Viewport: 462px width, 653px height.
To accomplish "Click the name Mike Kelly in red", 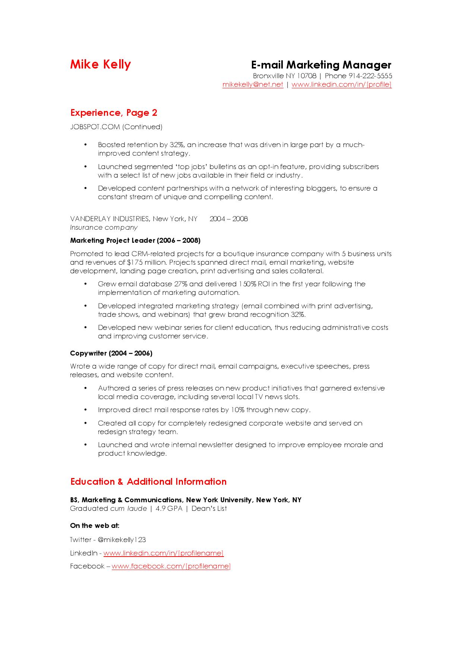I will (101, 64).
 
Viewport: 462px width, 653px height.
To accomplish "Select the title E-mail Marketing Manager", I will (321, 65).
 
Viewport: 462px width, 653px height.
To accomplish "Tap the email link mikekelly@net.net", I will (253, 85).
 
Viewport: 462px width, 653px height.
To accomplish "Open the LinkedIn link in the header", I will (341, 85).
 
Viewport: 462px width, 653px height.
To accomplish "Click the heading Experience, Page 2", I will (114, 113).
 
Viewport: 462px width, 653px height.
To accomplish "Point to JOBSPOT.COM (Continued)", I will (116, 127).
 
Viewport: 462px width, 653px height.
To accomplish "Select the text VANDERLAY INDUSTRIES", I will (110, 219).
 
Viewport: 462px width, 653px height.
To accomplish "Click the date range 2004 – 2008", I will (228, 219).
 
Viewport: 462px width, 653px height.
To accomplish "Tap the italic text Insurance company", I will (104, 227).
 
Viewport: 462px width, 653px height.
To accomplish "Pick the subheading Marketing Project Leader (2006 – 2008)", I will (135, 241).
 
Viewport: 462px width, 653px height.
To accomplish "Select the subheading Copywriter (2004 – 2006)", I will (111, 353).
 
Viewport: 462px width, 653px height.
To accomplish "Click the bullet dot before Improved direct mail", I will (86, 410).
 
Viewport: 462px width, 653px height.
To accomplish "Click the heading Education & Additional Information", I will (148, 482).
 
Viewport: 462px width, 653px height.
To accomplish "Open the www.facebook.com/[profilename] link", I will (171, 566).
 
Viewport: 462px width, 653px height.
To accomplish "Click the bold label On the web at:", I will (95, 526).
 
